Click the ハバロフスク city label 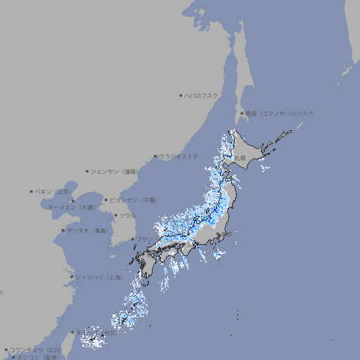(x=202, y=95)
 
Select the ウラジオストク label (x=179, y=156)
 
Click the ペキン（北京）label (x=54, y=191)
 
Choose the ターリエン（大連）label (x=71, y=207)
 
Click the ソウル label (x=127, y=215)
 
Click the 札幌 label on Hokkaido (x=240, y=158)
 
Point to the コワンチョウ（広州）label (x=36, y=349)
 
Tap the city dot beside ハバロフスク (x=181, y=95)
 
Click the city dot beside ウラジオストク (x=155, y=156)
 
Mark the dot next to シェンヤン (x=87, y=171)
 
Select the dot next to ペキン (x=32, y=191)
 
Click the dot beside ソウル (x=115, y=215)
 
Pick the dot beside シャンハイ (x=72, y=277)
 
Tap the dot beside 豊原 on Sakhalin (x=242, y=113)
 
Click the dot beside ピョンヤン (x=107, y=200)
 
